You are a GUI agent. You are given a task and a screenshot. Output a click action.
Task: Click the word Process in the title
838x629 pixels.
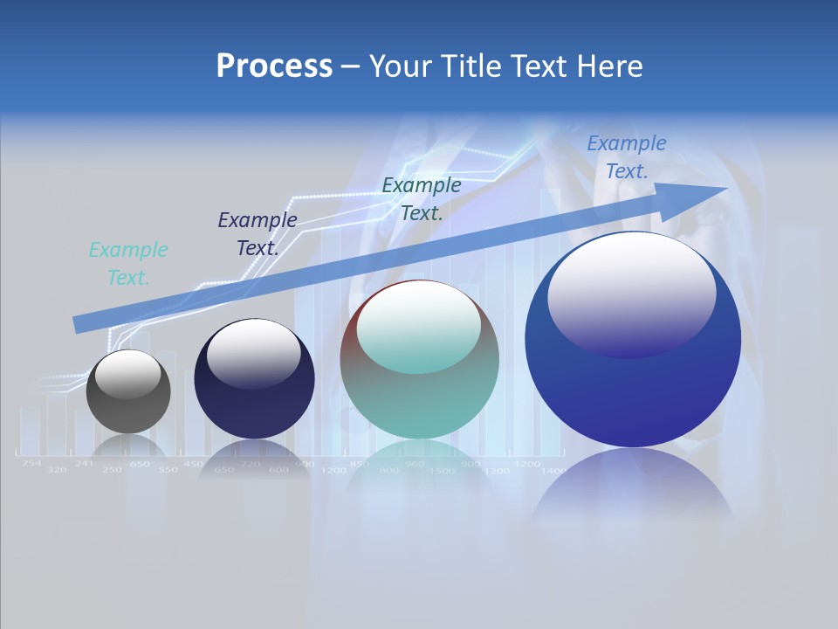coord(274,66)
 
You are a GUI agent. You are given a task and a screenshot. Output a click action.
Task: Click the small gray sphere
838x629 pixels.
coord(128,391)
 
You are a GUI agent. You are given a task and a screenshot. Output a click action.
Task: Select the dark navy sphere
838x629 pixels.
coord(254,379)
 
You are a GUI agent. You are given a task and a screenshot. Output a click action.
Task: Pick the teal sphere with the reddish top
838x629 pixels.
coord(420,360)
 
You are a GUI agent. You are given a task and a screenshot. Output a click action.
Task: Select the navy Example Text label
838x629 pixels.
coord(258,234)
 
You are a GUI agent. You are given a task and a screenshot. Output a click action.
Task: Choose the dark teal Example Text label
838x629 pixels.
coord(422,198)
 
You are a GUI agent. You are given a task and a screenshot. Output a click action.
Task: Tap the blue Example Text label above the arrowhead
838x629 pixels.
coord(627,157)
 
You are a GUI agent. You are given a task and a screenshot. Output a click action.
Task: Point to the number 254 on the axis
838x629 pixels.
coord(31,463)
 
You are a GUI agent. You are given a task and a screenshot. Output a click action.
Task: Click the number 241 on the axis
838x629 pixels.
coord(84,463)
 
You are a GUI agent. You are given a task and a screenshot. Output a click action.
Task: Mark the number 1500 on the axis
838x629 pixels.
coord(443,471)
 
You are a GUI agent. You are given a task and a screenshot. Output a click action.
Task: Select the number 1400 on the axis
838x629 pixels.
coord(553,471)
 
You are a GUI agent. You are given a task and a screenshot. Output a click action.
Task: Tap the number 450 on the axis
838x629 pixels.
coord(193,464)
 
